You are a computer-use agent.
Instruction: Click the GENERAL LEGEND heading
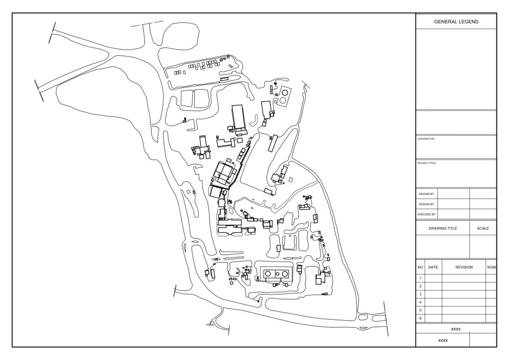click(456, 22)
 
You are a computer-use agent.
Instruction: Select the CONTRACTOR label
click(425, 139)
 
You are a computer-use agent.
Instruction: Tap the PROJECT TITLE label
click(426, 163)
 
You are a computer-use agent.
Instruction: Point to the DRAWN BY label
click(426, 194)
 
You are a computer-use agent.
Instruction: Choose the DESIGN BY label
click(426, 204)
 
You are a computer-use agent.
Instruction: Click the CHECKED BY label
click(426, 215)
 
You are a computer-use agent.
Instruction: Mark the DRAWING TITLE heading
click(443, 229)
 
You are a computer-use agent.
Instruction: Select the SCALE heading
click(483, 229)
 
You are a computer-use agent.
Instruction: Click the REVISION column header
click(464, 268)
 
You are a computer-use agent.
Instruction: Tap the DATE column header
click(433, 268)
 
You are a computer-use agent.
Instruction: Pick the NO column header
click(421, 268)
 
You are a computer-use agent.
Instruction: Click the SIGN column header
click(492, 268)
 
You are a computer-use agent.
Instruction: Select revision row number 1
click(421, 278)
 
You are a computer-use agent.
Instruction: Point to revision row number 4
click(421, 302)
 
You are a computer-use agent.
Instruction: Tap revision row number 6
click(421, 318)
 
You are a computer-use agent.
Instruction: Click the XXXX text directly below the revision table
click(456, 329)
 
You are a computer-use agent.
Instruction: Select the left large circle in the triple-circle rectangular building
click(268, 274)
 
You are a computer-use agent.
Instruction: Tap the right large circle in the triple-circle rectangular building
click(285, 274)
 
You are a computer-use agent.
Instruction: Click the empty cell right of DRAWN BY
click(453, 194)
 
